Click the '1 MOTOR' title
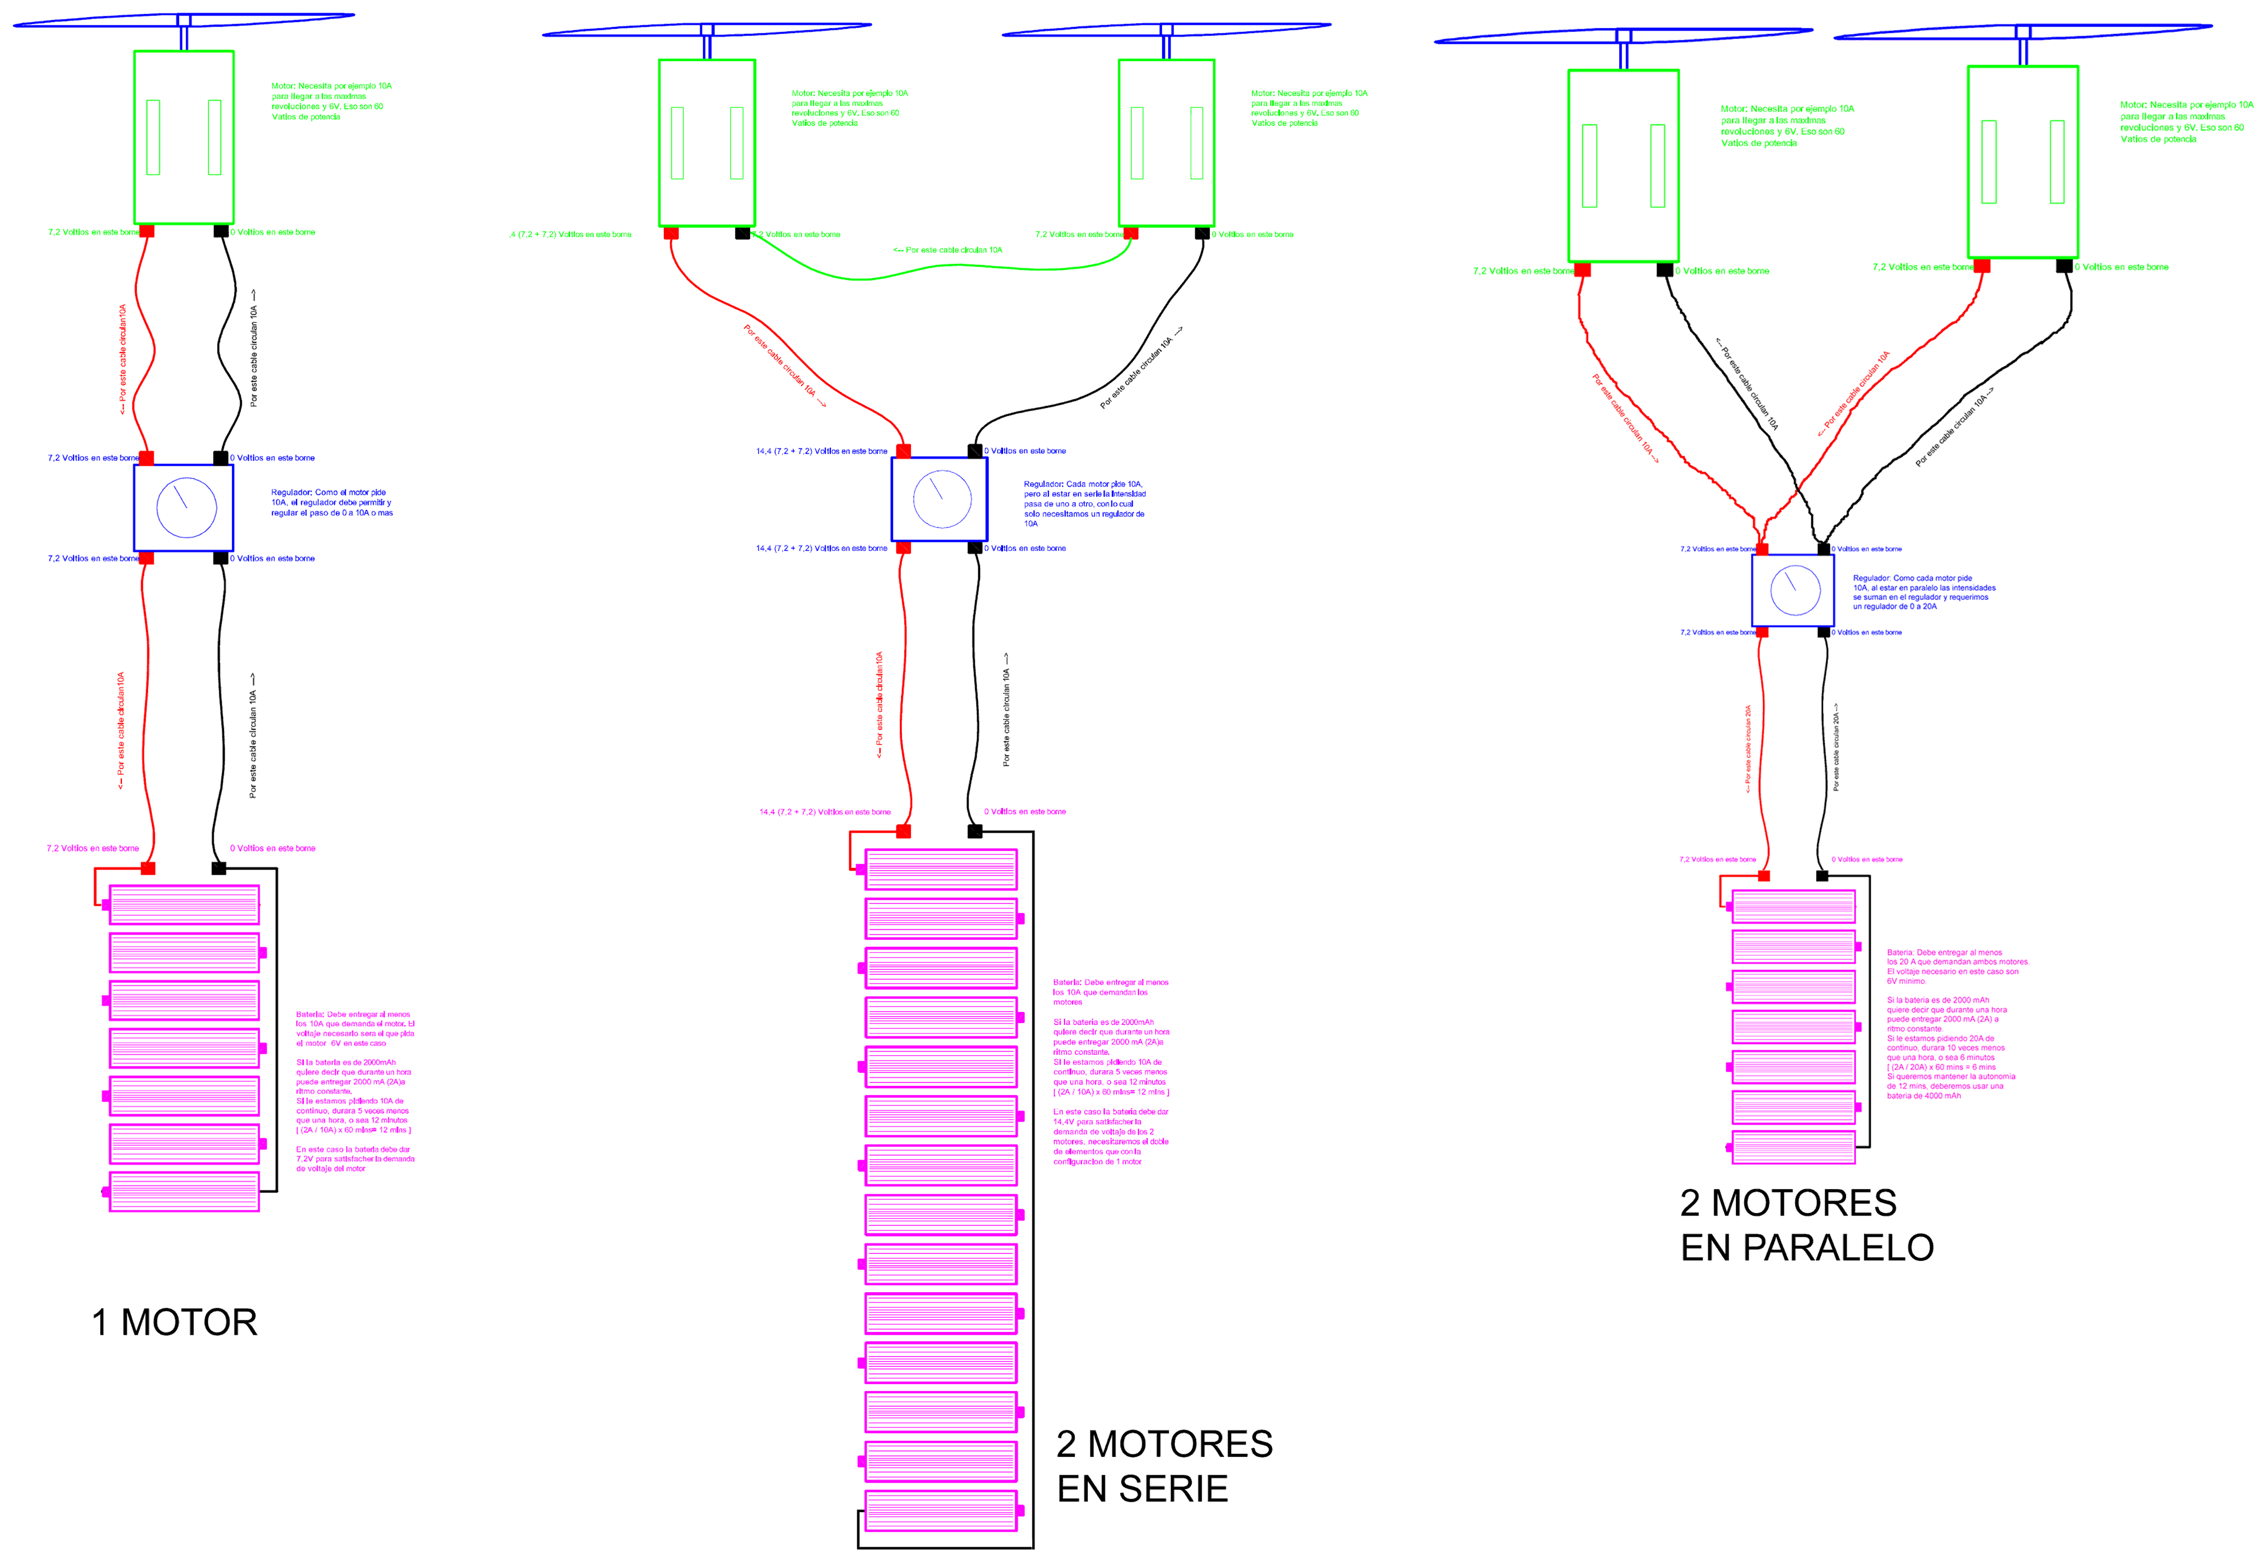[x=174, y=1323]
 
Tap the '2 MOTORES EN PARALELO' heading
[x=1806, y=1225]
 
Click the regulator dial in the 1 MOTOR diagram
[x=186, y=507]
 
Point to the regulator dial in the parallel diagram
[x=1795, y=590]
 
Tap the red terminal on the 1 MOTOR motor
[x=147, y=231]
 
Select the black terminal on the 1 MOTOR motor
[x=221, y=231]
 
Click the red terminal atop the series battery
[x=903, y=831]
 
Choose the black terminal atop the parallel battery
[x=1822, y=875]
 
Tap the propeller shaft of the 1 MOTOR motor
[x=184, y=38]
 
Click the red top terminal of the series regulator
[x=903, y=451]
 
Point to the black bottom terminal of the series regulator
[x=975, y=548]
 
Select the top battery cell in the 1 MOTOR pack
[x=184, y=905]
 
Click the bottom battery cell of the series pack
[x=941, y=1511]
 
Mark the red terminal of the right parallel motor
[x=1981, y=266]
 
